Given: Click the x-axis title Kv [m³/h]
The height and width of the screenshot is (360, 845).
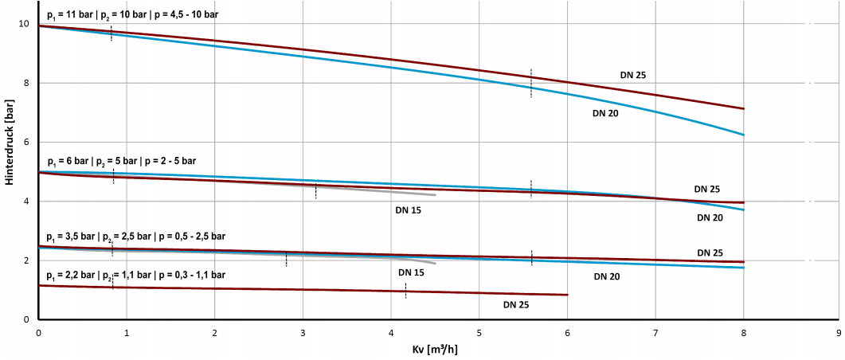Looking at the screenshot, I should (435, 348).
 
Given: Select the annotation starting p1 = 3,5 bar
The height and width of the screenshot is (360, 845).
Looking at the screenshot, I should (136, 237).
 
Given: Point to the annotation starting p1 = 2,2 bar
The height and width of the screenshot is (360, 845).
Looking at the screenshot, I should (136, 275).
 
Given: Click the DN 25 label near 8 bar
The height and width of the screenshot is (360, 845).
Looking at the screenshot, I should (633, 75).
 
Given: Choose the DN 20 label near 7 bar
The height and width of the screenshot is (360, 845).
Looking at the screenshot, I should (605, 113).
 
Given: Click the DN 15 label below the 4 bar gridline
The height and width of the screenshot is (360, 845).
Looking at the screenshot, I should (408, 210).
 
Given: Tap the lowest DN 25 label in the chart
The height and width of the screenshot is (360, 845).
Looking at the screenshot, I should (516, 304).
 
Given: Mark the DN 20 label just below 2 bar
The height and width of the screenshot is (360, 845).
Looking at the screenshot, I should (606, 277).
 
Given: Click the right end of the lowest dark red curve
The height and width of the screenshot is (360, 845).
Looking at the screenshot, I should (568, 295).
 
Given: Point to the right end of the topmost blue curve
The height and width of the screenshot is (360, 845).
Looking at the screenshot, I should (743, 135).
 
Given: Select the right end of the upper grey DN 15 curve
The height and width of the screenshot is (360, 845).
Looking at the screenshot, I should (436, 195).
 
